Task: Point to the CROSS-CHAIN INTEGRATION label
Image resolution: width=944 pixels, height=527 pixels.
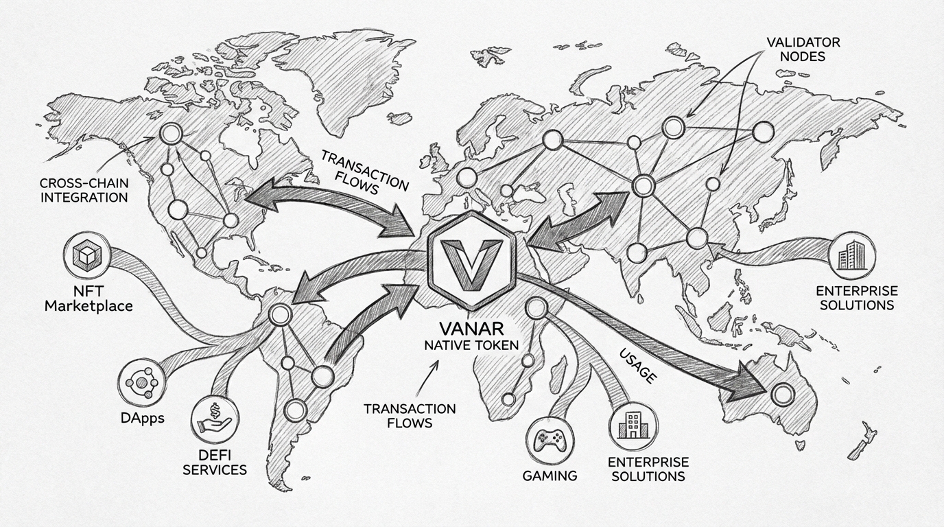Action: pyautogui.click(x=84, y=190)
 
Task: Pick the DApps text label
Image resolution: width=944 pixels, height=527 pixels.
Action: pyautogui.click(x=141, y=417)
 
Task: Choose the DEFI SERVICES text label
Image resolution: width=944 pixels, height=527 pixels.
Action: pyautogui.click(x=220, y=462)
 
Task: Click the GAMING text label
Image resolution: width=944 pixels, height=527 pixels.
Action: pyautogui.click(x=550, y=476)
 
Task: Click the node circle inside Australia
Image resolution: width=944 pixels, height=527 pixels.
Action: pyautogui.click(x=781, y=395)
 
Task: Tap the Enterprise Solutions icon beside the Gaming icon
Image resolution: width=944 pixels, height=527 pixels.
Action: pyautogui.click(x=630, y=423)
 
